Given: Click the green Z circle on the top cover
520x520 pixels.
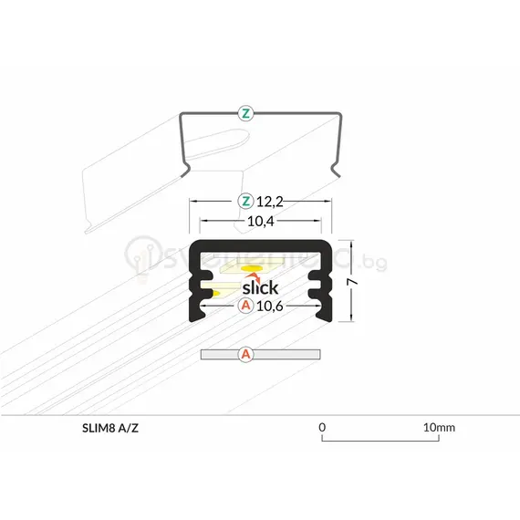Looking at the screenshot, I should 245,114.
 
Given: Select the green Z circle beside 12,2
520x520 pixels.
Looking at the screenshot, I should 244,201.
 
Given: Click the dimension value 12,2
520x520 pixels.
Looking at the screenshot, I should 268,201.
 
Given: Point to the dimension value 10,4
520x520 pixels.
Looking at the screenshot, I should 260,221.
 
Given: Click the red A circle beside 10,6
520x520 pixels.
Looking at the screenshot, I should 244,307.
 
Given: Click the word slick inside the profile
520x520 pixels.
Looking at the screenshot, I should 260,288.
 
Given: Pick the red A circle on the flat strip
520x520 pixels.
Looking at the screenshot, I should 244,353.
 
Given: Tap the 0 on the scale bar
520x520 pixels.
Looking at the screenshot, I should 322,427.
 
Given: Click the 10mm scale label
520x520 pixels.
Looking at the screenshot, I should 439,427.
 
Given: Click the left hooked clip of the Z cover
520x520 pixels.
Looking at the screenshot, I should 186,164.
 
